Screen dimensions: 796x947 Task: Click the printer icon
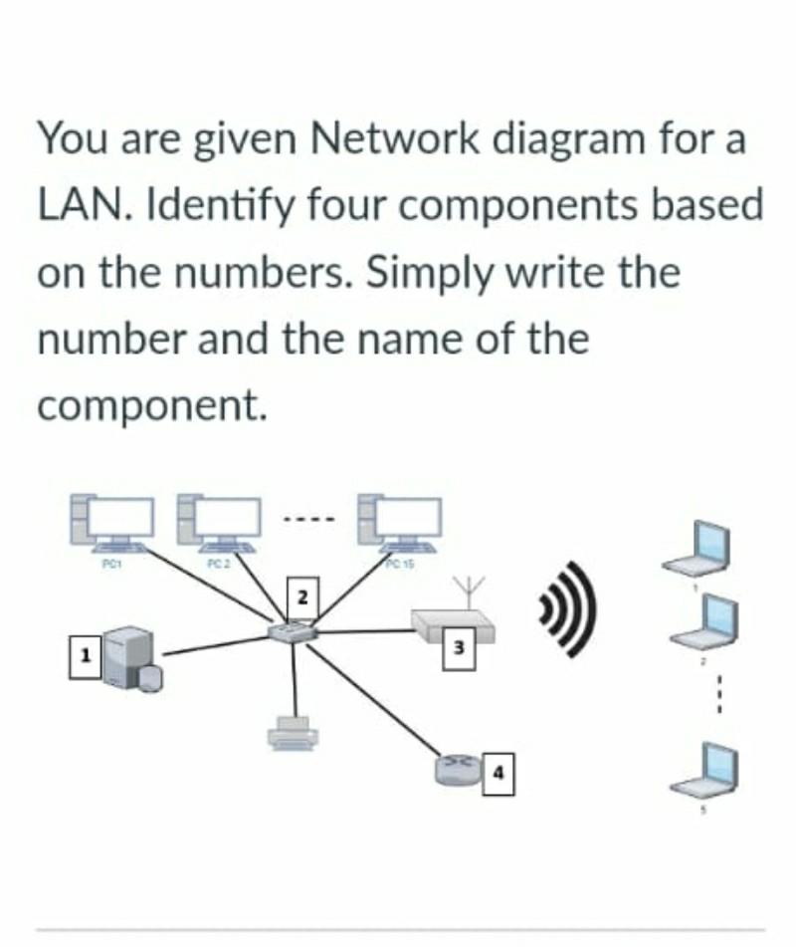(293, 733)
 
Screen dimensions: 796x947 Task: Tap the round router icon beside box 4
(457, 768)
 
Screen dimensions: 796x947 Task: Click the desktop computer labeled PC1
(111, 524)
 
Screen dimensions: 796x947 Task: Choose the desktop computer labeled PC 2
(217, 524)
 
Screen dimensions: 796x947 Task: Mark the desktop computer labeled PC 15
(400, 524)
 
